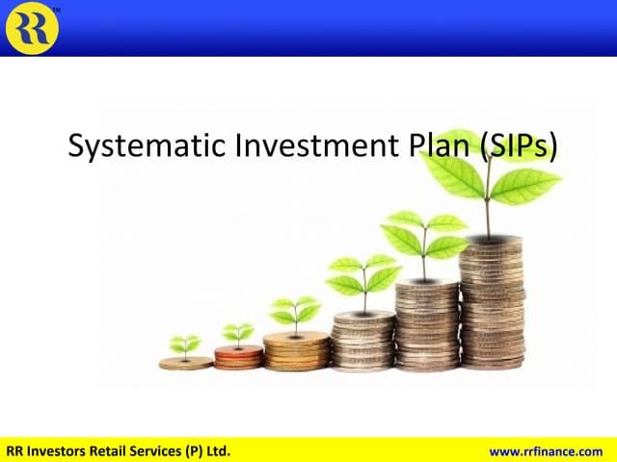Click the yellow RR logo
click(32, 27)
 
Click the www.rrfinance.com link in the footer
click(550, 450)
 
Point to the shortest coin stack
click(185, 363)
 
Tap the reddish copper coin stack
click(237, 357)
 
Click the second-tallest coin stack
click(426, 324)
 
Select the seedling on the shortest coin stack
click(185, 344)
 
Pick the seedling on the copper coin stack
click(237, 333)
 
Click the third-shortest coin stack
click(296, 350)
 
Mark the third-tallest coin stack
click(363, 341)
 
